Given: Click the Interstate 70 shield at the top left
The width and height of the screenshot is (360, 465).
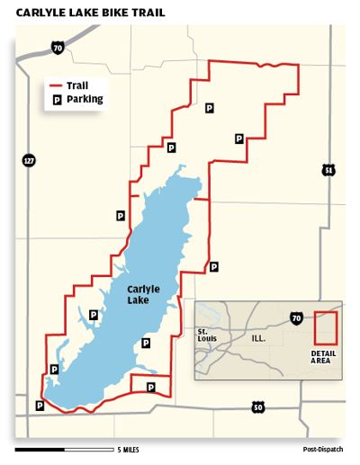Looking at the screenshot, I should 58,46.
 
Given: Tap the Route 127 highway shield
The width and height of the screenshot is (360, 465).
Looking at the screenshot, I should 29,160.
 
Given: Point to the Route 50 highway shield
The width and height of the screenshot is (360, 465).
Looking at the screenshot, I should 258,407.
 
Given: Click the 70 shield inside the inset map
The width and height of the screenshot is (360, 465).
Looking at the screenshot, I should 296,317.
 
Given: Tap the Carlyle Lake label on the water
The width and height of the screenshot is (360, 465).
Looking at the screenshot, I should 144,295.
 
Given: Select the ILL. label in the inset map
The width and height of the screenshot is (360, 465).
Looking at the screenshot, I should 258,338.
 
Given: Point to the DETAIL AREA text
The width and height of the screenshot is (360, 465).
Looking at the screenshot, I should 322,357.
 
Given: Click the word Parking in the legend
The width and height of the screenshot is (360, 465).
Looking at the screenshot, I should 85,100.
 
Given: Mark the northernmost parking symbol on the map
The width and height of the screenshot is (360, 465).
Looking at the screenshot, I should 209,108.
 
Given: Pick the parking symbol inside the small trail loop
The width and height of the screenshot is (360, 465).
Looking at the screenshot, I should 150,387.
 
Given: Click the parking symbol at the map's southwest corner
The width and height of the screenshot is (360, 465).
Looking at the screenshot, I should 39,406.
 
